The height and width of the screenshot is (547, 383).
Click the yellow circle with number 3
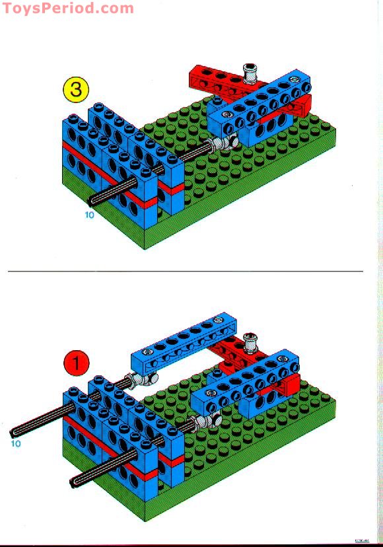click(x=76, y=89)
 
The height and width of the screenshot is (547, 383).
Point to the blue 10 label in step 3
click(x=89, y=215)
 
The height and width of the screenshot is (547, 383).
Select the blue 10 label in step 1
click(x=15, y=443)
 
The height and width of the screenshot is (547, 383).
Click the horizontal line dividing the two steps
click(x=185, y=271)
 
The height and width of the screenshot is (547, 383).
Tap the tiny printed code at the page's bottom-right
click(x=363, y=540)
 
